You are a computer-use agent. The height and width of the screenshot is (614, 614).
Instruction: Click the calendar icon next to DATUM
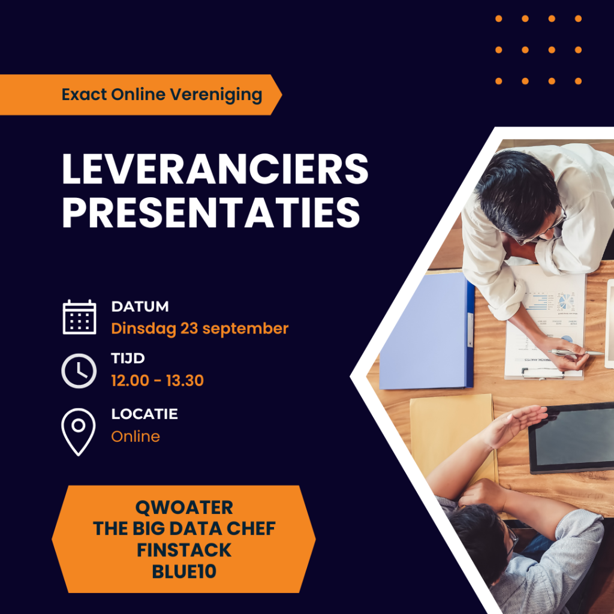click(x=79, y=317)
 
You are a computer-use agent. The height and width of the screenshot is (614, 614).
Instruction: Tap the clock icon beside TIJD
click(x=79, y=371)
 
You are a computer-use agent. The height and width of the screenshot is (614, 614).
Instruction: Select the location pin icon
click(x=79, y=432)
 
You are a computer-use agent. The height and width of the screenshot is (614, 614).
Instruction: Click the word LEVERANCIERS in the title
click(x=215, y=169)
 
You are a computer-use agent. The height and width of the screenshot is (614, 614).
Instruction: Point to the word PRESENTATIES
click(x=211, y=212)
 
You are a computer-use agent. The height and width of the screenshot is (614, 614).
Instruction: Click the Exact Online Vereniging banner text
click(x=162, y=95)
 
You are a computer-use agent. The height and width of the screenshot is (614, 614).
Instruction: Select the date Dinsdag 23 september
click(x=200, y=329)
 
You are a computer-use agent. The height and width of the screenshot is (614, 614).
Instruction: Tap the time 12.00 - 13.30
click(x=158, y=381)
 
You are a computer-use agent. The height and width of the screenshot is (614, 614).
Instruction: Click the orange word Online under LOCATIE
click(x=136, y=437)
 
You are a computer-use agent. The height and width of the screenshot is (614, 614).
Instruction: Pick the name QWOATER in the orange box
click(x=184, y=508)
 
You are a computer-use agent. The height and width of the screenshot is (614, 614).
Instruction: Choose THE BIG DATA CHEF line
click(x=184, y=529)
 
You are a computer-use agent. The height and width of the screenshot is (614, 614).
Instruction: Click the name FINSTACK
click(x=184, y=550)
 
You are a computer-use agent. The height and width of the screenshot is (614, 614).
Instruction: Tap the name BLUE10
click(x=184, y=571)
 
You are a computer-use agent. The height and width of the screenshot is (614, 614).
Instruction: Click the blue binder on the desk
click(x=427, y=331)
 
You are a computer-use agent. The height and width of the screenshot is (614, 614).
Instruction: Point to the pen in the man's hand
click(x=576, y=353)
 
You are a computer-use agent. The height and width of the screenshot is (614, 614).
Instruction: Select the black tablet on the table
click(x=572, y=438)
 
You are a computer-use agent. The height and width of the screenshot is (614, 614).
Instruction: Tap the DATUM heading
click(x=140, y=306)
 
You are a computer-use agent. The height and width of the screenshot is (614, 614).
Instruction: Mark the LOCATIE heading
click(x=145, y=414)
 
